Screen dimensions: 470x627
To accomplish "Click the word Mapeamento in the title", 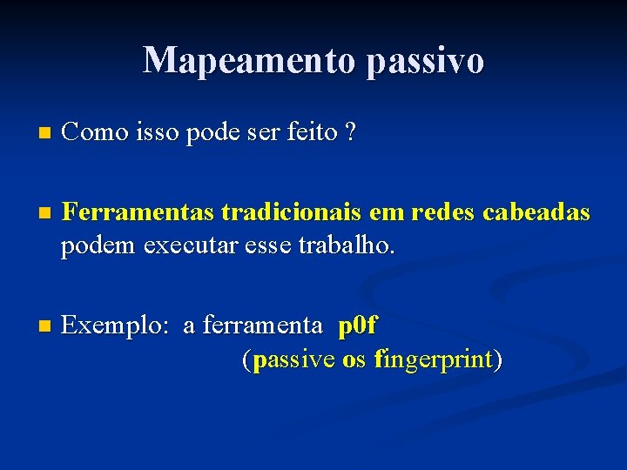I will pyautogui.click(x=249, y=60).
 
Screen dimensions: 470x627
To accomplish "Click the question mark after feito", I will pyautogui.click(x=350, y=132).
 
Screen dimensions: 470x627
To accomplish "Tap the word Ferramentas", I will pyautogui.click(x=138, y=212).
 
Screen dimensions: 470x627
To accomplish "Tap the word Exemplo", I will pyautogui.click(x=116, y=326).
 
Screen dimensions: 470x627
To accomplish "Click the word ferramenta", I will pyautogui.click(x=262, y=326).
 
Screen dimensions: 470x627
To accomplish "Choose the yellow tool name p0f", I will pyautogui.click(x=358, y=326).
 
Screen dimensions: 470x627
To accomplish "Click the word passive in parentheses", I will pyautogui.click(x=293, y=359).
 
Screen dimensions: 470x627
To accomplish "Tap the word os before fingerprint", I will pyautogui.click(x=354, y=359).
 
